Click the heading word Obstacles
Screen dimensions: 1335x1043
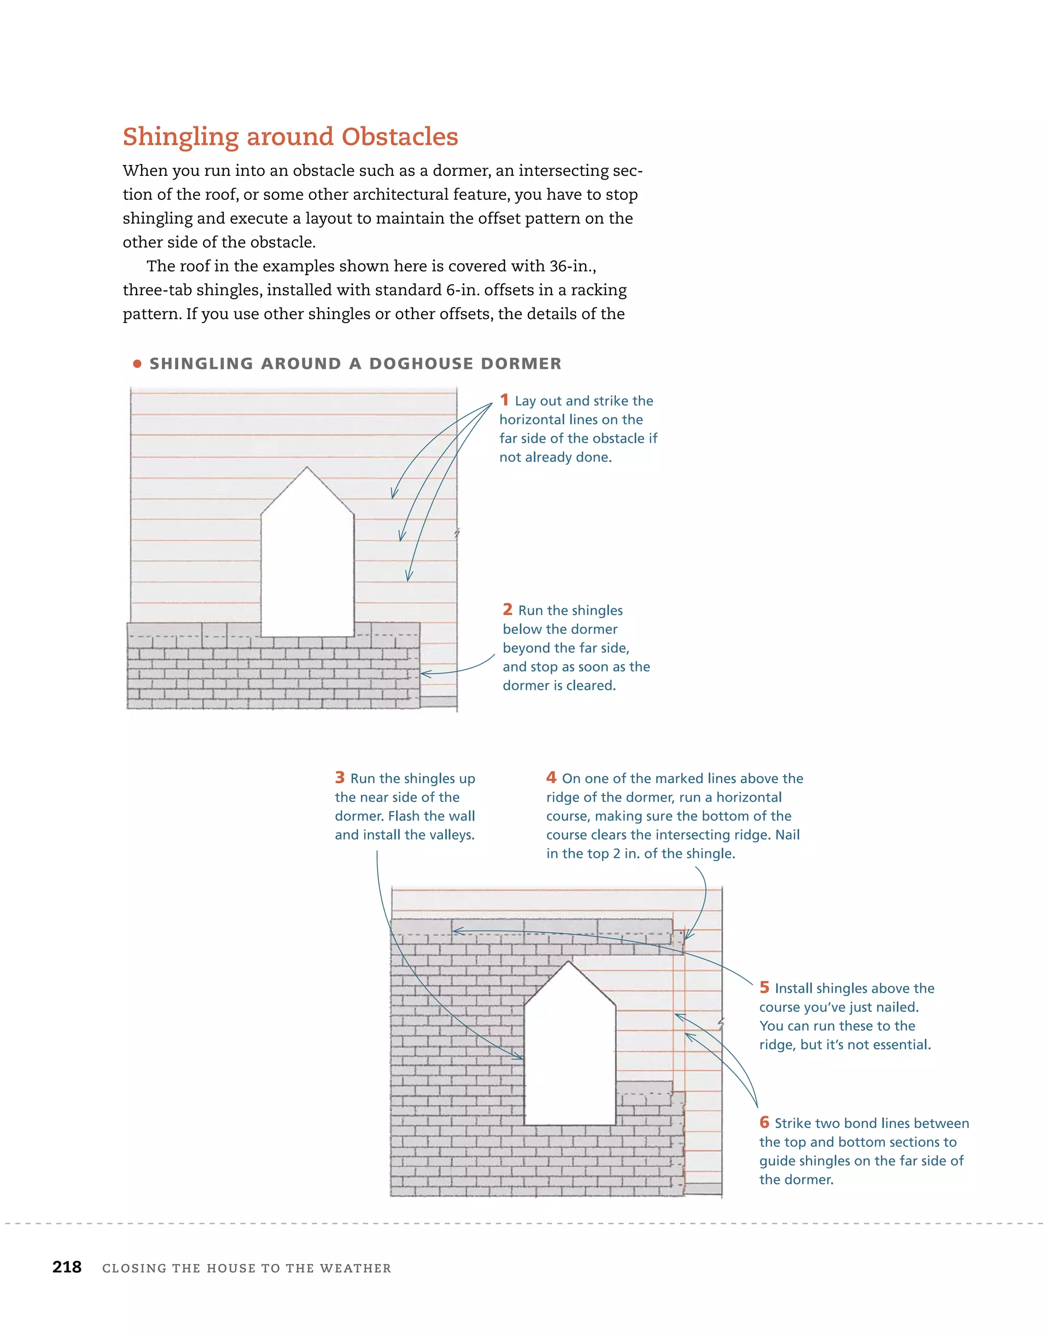point(400,137)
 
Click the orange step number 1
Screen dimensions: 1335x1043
point(504,400)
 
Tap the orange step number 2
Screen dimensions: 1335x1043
point(507,609)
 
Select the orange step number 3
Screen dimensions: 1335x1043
point(340,778)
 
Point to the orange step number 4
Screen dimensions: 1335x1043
point(551,778)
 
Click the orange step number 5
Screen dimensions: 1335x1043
point(764,987)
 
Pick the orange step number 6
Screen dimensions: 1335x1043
point(764,1123)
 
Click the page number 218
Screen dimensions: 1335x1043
point(67,1267)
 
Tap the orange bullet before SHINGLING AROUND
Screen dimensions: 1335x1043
point(138,364)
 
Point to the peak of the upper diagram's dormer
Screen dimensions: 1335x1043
point(307,468)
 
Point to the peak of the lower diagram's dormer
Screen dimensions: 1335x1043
point(569,962)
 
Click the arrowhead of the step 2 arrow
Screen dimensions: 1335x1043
point(423,674)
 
